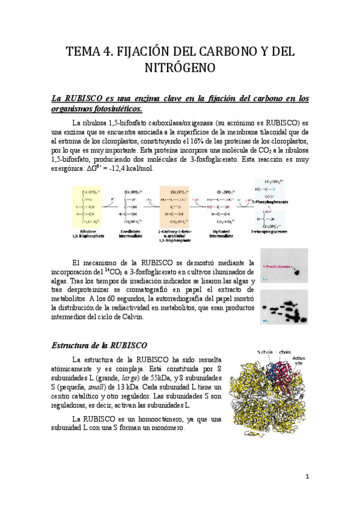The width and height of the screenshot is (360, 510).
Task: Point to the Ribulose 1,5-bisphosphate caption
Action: tap(88, 234)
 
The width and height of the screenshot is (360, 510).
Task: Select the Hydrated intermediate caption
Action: tap(222, 234)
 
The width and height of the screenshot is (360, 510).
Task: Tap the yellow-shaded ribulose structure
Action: tap(88, 207)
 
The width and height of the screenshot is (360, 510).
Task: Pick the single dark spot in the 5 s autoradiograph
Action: tap(296, 272)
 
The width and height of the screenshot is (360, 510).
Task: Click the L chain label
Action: tap(283, 351)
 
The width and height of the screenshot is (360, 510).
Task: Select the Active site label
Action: tap(299, 360)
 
